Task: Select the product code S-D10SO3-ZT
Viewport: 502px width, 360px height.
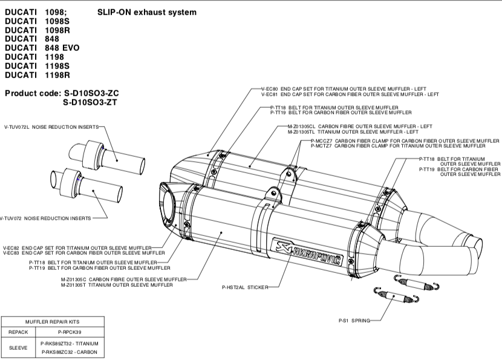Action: click(91, 103)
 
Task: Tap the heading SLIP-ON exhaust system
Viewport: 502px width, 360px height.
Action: click(146, 12)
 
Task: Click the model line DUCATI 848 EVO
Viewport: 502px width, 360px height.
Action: click(42, 47)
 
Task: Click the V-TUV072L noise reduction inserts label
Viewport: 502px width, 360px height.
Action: click(51, 128)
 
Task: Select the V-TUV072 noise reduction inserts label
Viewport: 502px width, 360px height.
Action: click(45, 217)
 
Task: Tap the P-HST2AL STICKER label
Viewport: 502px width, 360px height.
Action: click(244, 287)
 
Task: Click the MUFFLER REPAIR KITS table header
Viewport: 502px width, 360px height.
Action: click(53, 322)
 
